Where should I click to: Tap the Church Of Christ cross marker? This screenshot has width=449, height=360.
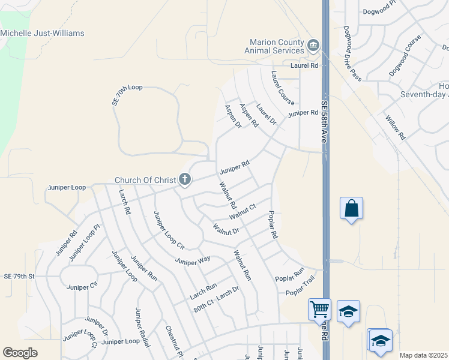[x=185, y=179]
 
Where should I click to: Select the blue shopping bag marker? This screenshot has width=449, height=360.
[x=351, y=209]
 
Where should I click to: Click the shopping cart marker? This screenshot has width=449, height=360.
[x=319, y=310]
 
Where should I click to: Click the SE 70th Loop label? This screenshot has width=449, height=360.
[x=127, y=95]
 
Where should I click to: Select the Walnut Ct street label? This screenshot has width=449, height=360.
[x=243, y=211]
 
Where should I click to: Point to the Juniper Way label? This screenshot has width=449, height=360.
[x=193, y=260]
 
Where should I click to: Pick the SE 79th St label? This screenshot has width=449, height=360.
[x=20, y=277]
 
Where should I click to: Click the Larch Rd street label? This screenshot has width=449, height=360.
[x=124, y=202]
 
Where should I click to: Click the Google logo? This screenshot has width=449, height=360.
[x=20, y=353]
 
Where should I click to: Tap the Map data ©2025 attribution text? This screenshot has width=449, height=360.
[x=423, y=355]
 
